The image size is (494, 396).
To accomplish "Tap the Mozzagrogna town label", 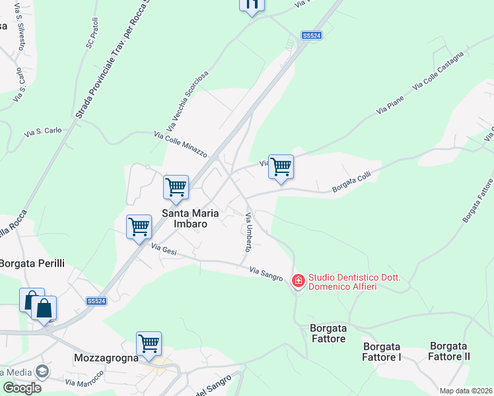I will pyautogui.click(x=106, y=358).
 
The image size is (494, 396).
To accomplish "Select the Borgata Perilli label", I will pyautogui.click(x=32, y=263).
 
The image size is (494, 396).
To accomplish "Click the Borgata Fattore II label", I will pyautogui.click(x=449, y=351).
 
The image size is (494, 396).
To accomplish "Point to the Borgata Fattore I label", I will pyautogui.click(x=382, y=351).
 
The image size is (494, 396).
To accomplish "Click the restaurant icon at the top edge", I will pyautogui.click(x=252, y=4).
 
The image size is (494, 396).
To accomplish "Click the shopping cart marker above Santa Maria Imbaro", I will pyautogui.click(x=176, y=187).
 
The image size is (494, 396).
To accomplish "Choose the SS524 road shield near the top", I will pyautogui.click(x=312, y=36).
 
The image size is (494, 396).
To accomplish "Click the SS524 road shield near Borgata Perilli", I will pyautogui.click(x=96, y=301).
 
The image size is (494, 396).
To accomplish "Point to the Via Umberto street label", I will pyautogui.click(x=249, y=232).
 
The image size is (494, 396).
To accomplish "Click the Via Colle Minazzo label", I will pyautogui.click(x=180, y=143).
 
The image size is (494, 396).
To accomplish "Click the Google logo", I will pyautogui.click(x=21, y=388).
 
